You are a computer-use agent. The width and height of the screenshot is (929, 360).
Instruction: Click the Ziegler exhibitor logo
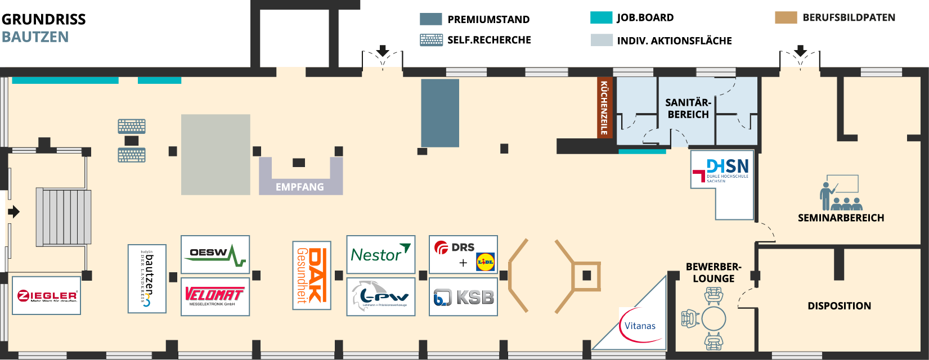pos(47,295)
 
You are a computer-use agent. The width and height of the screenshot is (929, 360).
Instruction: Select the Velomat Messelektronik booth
pos(215,296)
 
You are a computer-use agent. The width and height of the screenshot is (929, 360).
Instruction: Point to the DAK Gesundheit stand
pos(311,276)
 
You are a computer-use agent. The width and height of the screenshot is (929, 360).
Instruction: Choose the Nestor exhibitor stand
pos(380,254)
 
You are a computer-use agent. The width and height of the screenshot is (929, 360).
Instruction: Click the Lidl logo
pos(485,262)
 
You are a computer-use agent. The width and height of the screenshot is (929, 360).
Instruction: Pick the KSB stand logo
pos(463,296)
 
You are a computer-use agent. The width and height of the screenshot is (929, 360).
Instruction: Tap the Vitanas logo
pos(640,326)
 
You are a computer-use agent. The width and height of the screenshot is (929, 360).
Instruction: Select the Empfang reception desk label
pos(300,187)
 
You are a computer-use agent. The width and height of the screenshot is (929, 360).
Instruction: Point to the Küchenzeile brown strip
pos(604,107)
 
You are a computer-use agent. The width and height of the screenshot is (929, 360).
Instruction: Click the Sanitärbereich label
pos(688,109)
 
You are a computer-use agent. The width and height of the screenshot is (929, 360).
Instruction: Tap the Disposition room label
pos(839,306)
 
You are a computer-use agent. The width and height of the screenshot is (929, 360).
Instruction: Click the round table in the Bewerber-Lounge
pos(713,318)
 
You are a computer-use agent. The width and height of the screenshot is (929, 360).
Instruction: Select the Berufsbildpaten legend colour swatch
pos(786,17)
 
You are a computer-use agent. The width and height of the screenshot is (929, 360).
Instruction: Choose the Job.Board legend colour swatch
pos(601,17)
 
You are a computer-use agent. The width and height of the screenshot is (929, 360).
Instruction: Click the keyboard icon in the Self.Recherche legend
pos(431,40)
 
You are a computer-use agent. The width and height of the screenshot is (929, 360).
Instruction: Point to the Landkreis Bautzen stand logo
pos(147,278)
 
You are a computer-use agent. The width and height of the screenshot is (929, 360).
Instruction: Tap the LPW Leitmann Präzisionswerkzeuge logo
pos(380,296)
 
